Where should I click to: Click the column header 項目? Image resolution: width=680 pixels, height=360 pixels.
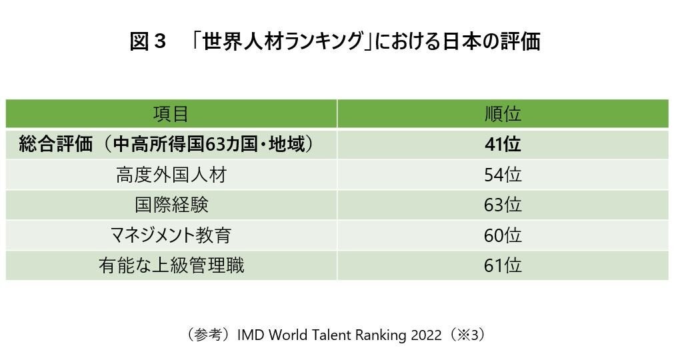click(x=171, y=114)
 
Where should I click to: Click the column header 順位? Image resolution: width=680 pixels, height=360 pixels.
click(x=503, y=114)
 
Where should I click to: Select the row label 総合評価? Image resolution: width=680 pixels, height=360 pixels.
click(x=56, y=145)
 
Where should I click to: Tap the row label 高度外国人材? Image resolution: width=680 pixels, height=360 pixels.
click(x=171, y=175)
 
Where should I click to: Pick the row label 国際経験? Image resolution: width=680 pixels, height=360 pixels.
click(x=171, y=205)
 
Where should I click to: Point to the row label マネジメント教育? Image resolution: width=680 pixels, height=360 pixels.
click(x=171, y=235)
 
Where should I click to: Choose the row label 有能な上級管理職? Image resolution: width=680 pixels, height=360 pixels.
click(x=171, y=265)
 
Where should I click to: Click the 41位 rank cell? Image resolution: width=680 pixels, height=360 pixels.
click(x=503, y=145)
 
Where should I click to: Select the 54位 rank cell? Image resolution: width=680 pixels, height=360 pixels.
click(x=503, y=175)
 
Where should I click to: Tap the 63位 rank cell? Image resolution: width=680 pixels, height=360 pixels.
click(x=503, y=205)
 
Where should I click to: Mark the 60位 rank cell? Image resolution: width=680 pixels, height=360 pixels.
click(x=503, y=235)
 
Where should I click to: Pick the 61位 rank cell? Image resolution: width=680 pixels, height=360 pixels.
click(x=503, y=265)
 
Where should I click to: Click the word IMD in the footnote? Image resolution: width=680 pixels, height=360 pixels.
click(x=253, y=335)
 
